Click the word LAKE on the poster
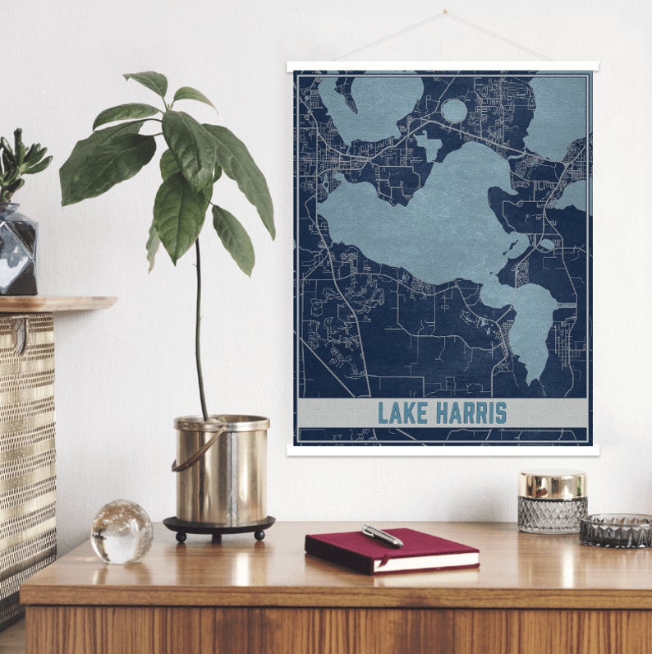pyautogui.click(x=403, y=412)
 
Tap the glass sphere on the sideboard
pyautogui.click(x=122, y=532)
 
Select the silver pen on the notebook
pyautogui.click(x=383, y=536)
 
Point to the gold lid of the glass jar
pyautogui.click(x=552, y=485)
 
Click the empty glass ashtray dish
pyautogui.click(x=615, y=531)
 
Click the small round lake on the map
pyautogui.click(x=454, y=110)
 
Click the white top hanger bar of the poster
pyautogui.click(x=443, y=67)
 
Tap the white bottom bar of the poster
pyautogui.click(x=443, y=450)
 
